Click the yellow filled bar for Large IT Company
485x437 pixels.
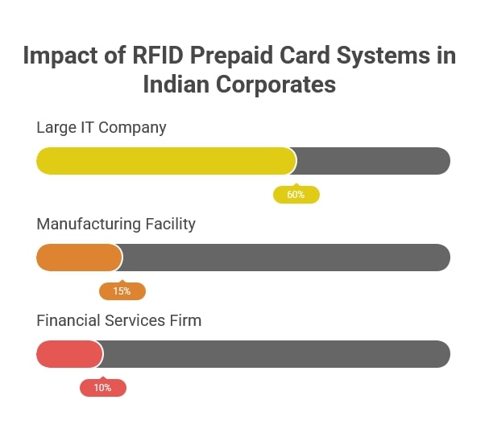coord(165,161)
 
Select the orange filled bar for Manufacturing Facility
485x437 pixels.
coord(78,258)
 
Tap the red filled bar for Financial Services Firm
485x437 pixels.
coord(69,354)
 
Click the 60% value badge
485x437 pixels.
coord(296,195)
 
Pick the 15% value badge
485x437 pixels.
coord(122,291)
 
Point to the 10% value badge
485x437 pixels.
coord(102,388)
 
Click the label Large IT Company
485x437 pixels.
coord(102,127)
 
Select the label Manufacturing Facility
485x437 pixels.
coord(116,224)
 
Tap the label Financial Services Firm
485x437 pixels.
coord(118,320)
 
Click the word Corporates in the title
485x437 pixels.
coord(280,84)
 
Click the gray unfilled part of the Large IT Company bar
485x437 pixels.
coord(372,161)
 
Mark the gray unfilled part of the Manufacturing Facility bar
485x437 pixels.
coord(286,258)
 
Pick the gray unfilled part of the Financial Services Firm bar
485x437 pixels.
coord(276,354)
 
